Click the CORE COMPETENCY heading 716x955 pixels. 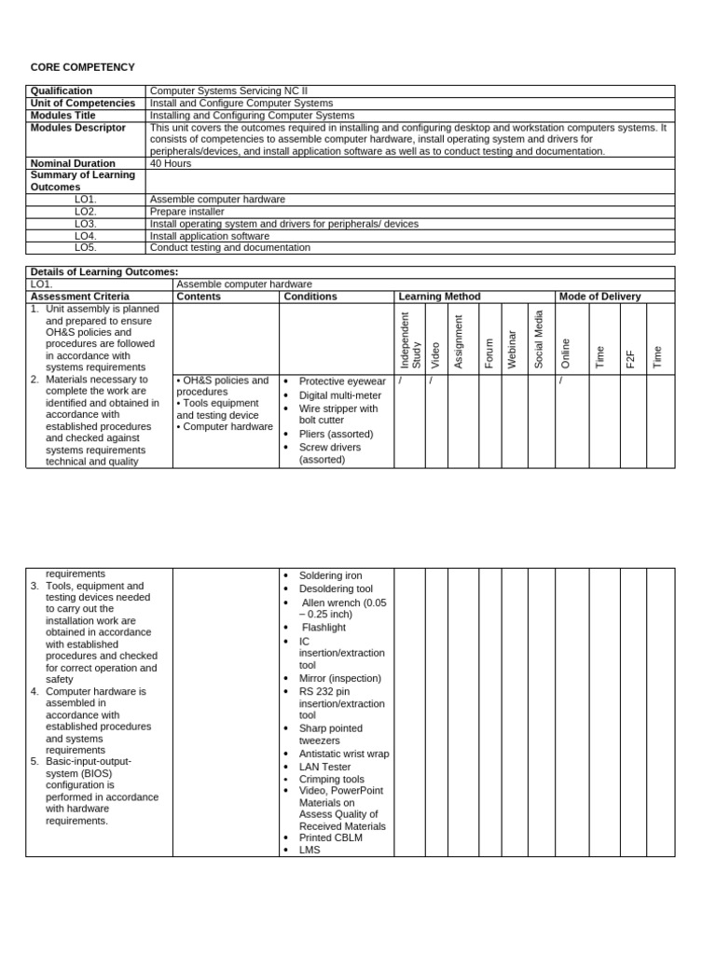pyautogui.click(x=82, y=67)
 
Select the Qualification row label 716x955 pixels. pyautogui.click(x=62, y=91)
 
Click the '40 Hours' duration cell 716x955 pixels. pyautogui.click(x=172, y=163)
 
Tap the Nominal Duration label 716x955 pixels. pyautogui.click(x=73, y=163)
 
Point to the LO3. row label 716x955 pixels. pyautogui.click(x=86, y=224)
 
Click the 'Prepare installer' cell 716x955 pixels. pyautogui.click(x=186, y=212)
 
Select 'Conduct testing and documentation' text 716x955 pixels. pyautogui.click(x=229, y=248)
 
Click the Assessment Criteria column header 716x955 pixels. pyautogui.click(x=79, y=297)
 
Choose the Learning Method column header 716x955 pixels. pyautogui.click(x=439, y=297)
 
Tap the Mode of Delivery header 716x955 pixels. pyautogui.click(x=599, y=297)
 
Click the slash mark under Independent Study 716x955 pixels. pyautogui.click(x=401, y=381)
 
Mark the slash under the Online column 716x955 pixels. pyautogui.click(x=561, y=381)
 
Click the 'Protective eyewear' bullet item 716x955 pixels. pyautogui.click(x=341, y=381)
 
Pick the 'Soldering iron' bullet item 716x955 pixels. pyautogui.click(x=330, y=575)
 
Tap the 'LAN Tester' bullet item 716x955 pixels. pyautogui.click(x=324, y=767)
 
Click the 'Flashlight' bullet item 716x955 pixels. pyautogui.click(x=324, y=628)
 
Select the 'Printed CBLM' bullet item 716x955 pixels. pyautogui.click(x=330, y=837)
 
